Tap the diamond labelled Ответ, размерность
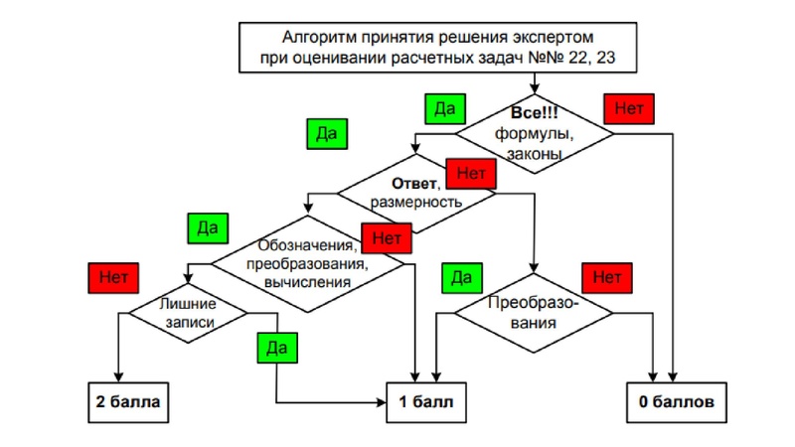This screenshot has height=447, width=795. [416, 192]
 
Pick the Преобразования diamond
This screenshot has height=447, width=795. [535, 312]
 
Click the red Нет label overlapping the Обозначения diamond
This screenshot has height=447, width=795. [387, 237]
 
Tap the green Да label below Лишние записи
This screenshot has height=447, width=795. [277, 347]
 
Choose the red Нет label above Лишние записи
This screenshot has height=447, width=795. [112, 274]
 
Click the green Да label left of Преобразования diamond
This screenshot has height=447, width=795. [461, 277]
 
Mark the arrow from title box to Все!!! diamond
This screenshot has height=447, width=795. [535, 83]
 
